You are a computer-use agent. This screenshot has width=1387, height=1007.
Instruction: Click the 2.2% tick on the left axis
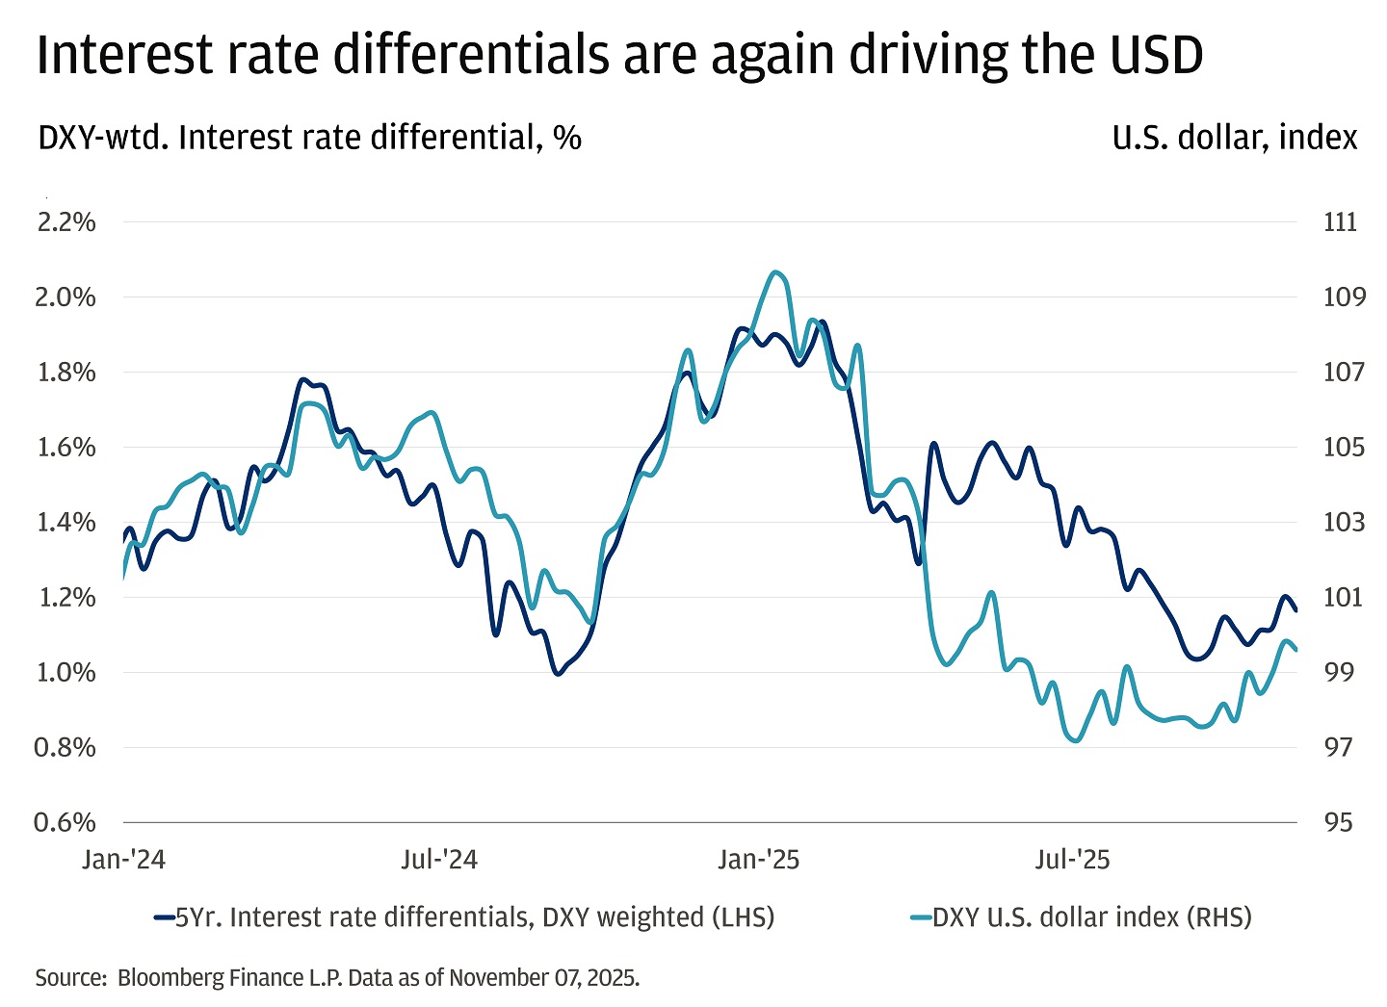(65, 222)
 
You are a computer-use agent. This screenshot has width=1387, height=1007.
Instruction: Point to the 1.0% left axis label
(65, 673)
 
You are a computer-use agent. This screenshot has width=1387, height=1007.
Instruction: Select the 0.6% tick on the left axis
(65, 823)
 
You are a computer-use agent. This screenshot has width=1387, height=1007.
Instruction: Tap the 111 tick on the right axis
(1340, 222)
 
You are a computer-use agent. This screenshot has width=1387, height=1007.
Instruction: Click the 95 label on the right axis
(1338, 823)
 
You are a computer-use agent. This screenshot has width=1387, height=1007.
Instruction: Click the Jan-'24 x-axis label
(123, 860)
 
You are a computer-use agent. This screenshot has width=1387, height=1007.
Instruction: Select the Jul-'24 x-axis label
(439, 860)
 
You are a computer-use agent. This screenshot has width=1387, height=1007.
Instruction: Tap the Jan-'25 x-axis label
(758, 860)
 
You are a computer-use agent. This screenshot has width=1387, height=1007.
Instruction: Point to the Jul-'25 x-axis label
(1072, 860)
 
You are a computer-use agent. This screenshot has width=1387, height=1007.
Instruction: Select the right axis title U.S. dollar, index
(1234, 138)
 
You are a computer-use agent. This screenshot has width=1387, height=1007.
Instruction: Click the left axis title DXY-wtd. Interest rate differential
(308, 138)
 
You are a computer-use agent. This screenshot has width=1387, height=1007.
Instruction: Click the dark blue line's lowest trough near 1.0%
(557, 674)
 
